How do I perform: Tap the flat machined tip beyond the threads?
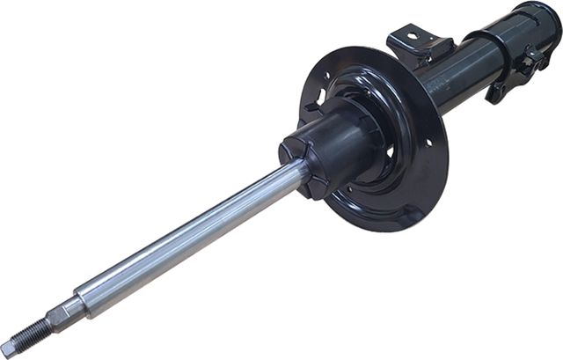(6, 349)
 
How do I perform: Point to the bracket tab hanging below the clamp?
(497, 92)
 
